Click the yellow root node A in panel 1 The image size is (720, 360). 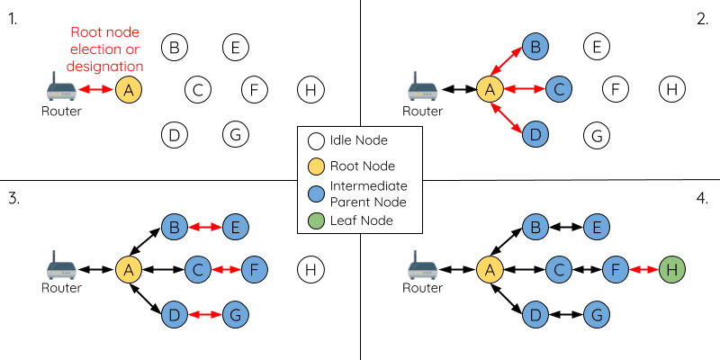click(x=129, y=90)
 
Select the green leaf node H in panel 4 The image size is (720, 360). click(x=672, y=270)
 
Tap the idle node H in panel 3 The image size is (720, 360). click(x=310, y=270)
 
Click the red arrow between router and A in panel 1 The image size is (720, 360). click(x=96, y=90)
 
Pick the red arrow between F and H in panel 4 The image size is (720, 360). click(x=643, y=270)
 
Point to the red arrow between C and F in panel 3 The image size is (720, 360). click(x=226, y=270)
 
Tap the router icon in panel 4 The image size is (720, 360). click(x=422, y=265)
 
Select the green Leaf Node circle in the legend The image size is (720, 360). click(x=317, y=220)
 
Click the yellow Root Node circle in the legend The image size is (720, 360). click(x=317, y=166)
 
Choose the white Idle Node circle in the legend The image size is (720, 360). click(x=317, y=141)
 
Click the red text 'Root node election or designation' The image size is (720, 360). click(x=104, y=49)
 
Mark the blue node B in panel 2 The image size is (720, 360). click(x=535, y=47)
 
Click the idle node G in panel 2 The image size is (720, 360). click(x=597, y=135)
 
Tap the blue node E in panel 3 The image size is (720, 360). click(x=236, y=227)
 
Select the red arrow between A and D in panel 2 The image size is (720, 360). click(x=507, y=119)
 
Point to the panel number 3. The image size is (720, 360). click(x=13, y=199)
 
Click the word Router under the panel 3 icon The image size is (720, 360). click(x=61, y=288)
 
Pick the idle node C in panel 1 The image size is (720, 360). click(x=198, y=90)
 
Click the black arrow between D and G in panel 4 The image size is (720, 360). click(x=567, y=315)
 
